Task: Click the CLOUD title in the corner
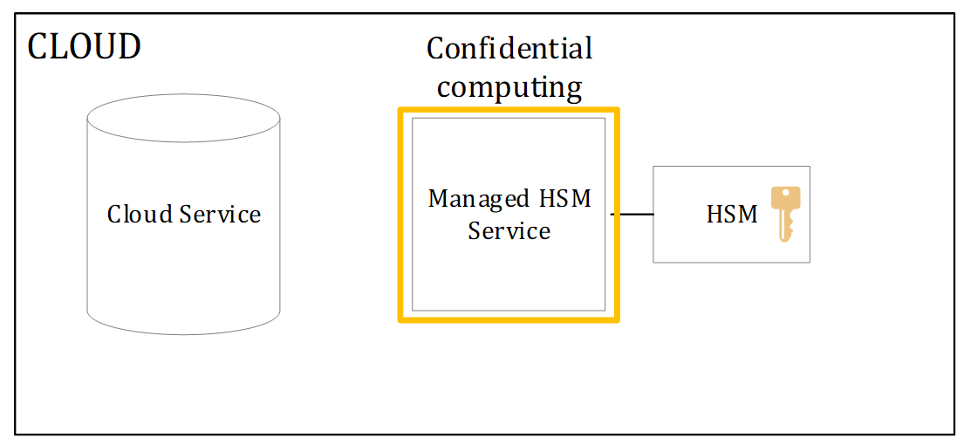point(84,46)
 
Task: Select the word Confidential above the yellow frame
point(509,48)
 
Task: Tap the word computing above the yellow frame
point(509,87)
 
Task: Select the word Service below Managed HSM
point(509,231)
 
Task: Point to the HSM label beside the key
point(732,215)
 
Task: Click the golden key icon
point(785,212)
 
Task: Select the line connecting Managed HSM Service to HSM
point(632,214)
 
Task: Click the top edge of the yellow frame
point(509,111)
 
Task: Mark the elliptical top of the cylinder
point(183,119)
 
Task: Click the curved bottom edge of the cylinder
point(183,332)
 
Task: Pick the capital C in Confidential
point(435,48)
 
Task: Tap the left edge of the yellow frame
point(401,215)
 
